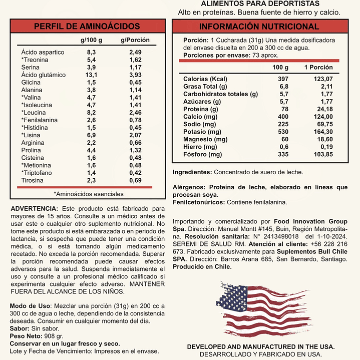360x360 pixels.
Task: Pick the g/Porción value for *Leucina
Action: click(x=135, y=113)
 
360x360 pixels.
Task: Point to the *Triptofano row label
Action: click(x=38, y=173)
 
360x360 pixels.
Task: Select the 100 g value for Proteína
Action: click(x=284, y=109)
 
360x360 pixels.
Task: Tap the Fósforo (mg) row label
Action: click(x=202, y=154)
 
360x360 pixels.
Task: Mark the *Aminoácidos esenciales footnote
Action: click(x=88, y=194)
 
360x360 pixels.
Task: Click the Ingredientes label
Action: click(x=192, y=172)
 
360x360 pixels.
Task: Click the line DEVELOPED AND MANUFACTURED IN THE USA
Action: click(x=261, y=346)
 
